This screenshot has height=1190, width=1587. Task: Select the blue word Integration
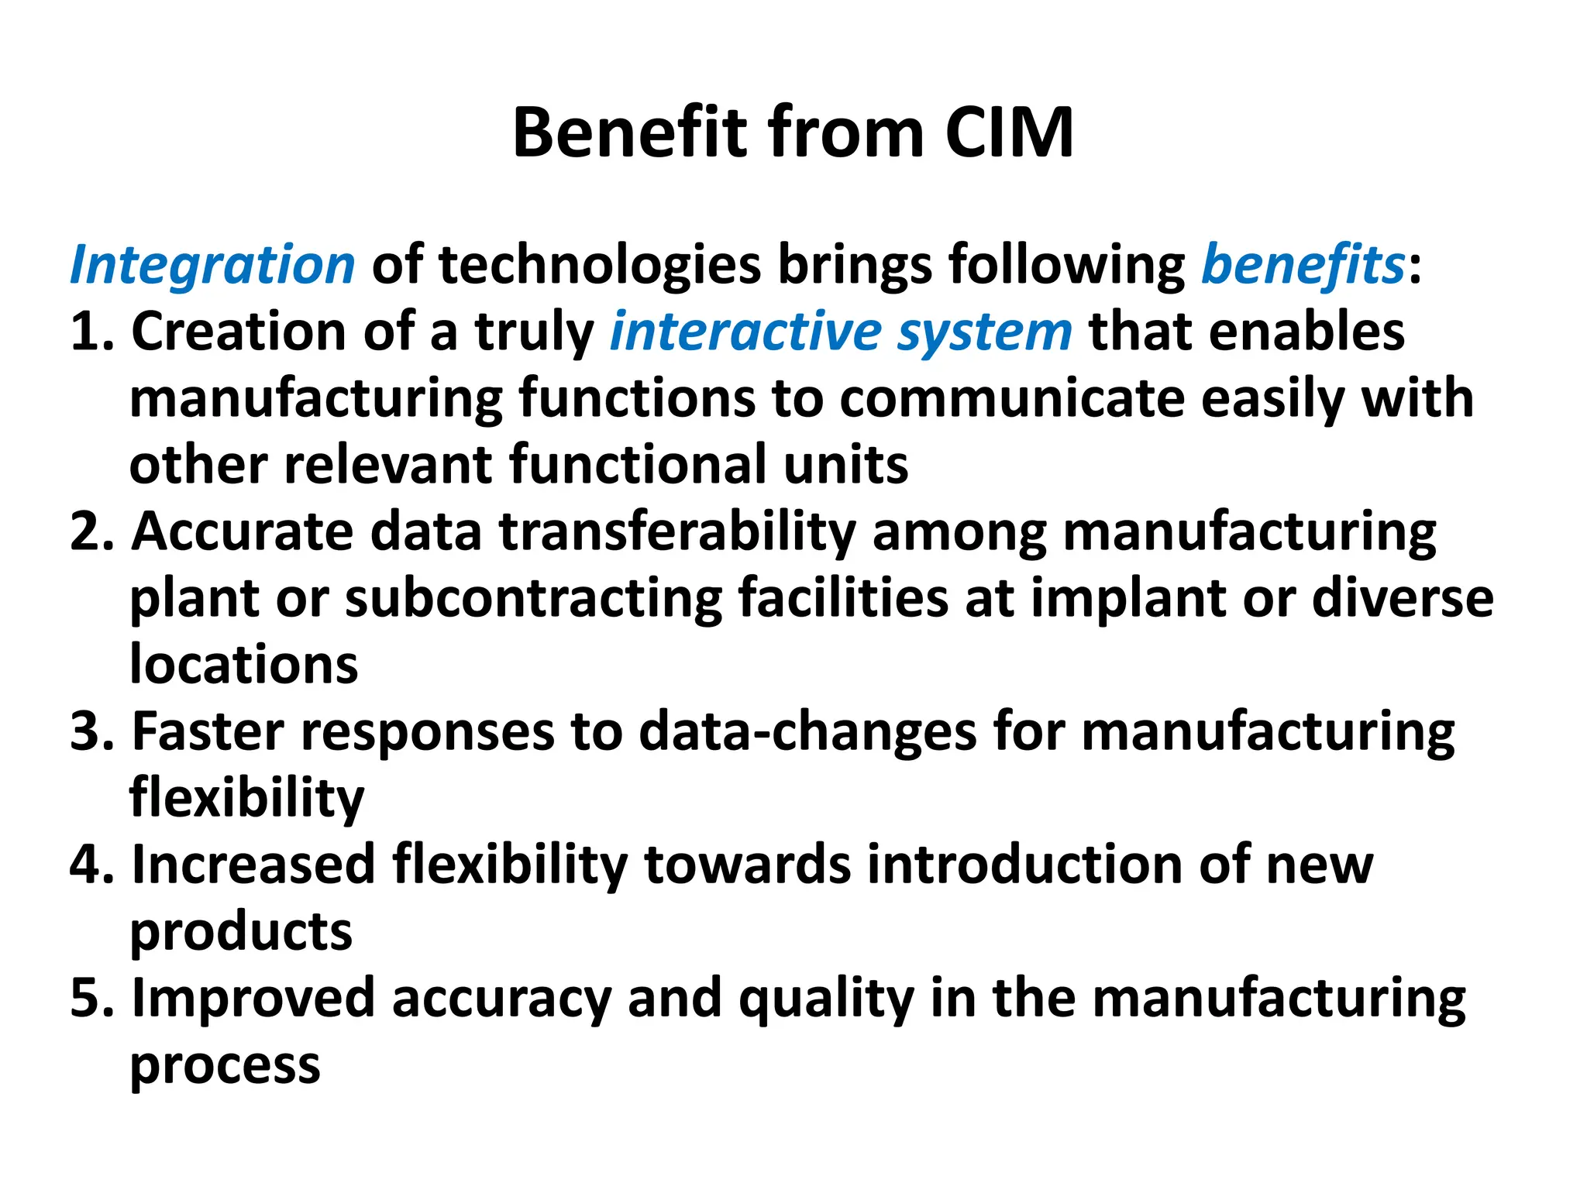pyautogui.click(x=212, y=265)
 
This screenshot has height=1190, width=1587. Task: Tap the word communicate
pyautogui.click(x=1012, y=398)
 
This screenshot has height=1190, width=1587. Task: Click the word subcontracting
pyautogui.click(x=533, y=599)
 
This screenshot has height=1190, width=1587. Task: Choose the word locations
pyautogui.click(x=243, y=665)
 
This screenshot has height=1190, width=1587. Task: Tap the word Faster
pyautogui.click(x=208, y=731)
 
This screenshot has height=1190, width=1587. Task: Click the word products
pyautogui.click(x=241, y=933)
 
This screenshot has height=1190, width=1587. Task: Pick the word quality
pyautogui.click(x=826, y=999)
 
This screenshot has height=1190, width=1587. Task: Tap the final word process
pyautogui.click(x=225, y=1066)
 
